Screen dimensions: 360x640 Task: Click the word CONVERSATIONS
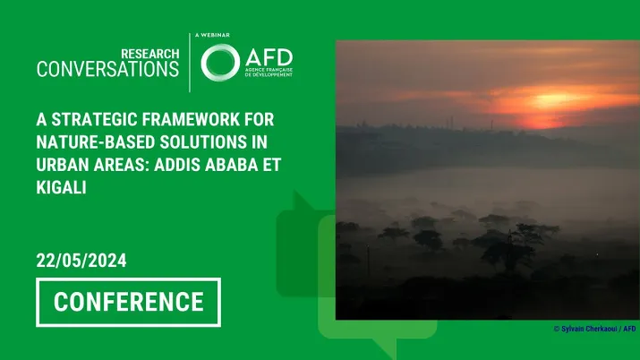pos(107,70)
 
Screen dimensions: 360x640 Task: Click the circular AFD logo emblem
pos(219,63)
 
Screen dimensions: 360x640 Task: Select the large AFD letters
pos(267,56)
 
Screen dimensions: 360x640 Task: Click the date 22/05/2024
pos(81,261)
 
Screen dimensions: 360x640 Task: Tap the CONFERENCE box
pos(128,302)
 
